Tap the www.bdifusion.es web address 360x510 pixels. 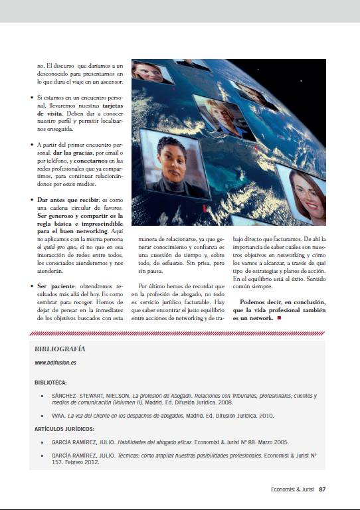coord(55,363)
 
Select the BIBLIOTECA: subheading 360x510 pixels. coord(50,382)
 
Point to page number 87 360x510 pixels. coord(321,490)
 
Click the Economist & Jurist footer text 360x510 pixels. coord(292,490)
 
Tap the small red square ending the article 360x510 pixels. coord(280,319)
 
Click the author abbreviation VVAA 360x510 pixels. coord(59,416)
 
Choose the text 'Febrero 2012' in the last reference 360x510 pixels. coord(84,462)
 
